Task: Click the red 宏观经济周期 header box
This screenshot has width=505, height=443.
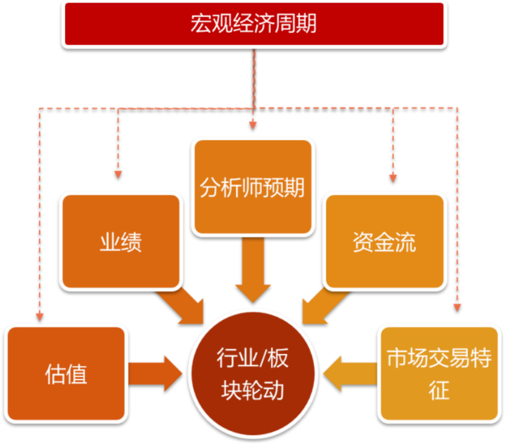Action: [x=254, y=24]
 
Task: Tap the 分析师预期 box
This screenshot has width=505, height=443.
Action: [x=252, y=187]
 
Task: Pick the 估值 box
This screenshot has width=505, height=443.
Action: [x=66, y=373]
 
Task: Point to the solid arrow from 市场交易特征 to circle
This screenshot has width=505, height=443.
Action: [x=350, y=373]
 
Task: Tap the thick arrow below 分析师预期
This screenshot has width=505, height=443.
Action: [x=253, y=268]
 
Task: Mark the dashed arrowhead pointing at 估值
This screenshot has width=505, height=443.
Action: [x=40, y=316]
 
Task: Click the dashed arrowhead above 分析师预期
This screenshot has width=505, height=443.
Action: [x=253, y=126]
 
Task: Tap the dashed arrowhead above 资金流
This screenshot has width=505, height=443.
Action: [x=393, y=178]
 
